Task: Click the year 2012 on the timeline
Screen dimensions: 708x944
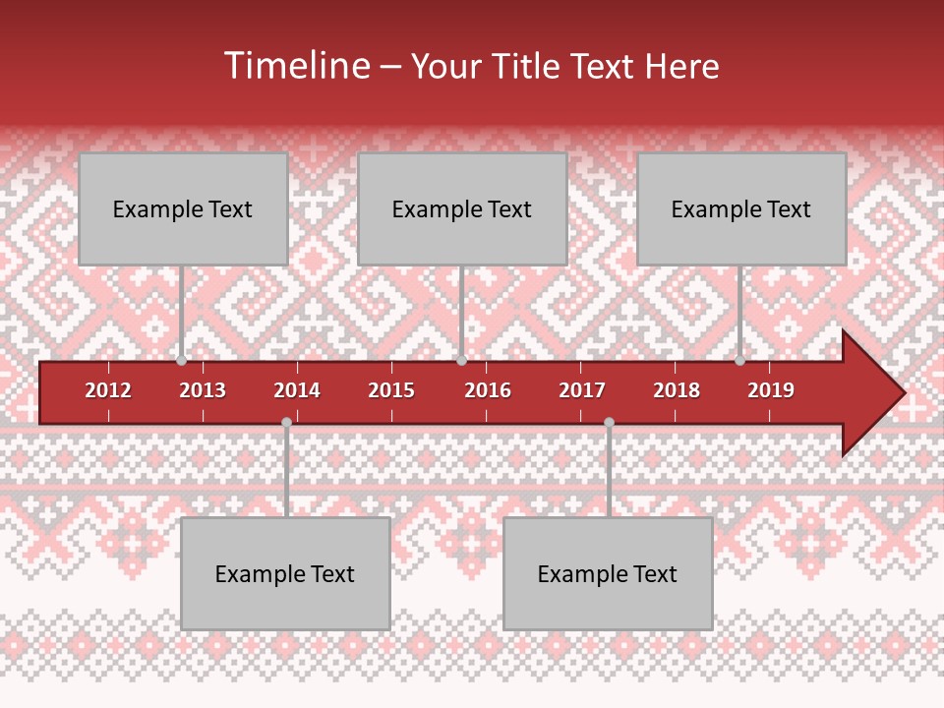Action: click(108, 390)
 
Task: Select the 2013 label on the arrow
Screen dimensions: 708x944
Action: click(203, 390)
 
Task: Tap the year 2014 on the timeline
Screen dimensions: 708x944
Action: click(297, 390)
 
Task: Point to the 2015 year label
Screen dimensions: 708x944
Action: click(391, 390)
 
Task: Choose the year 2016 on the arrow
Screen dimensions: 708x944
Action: click(488, 390)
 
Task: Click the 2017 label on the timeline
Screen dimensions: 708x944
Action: click(582, 390)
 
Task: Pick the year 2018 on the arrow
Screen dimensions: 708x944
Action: click(677, 390)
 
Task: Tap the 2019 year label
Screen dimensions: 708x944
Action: click(771, 390)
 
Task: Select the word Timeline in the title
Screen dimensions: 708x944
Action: click(295, 66)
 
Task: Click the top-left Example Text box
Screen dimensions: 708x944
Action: click(183, 208)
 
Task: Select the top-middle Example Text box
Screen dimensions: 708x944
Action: click(462, 208)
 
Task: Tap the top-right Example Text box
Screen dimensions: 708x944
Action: click(741, 208)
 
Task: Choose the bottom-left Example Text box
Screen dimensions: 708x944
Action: click(285, 573)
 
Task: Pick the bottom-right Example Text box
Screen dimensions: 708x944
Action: click(608, 573)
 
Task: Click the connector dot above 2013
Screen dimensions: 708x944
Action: click(182, 361)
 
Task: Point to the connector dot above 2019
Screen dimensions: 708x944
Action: click(739, 361)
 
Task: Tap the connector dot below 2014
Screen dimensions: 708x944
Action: click(286, 422)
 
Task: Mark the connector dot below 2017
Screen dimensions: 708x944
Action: click(609, 422)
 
